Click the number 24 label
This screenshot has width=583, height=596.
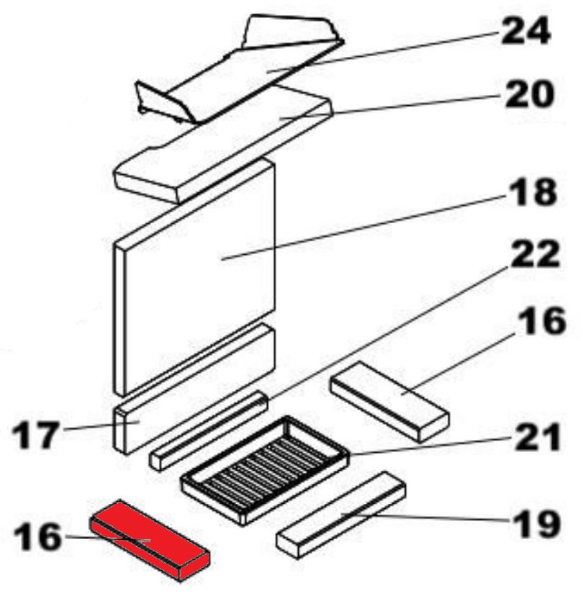[525, 31]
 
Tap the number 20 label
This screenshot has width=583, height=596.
[529, 94]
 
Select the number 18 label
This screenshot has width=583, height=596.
[533, 192]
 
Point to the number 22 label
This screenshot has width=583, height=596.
[535, 253]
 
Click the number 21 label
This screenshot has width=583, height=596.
[538, 437]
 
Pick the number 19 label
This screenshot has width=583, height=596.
[536, 524]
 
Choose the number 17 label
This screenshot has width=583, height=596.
[37, 435]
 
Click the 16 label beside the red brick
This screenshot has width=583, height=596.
[37, 536]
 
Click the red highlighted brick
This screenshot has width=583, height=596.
[150, 540]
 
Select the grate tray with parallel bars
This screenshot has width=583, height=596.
[265, 470]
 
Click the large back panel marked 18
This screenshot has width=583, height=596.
[194, 277]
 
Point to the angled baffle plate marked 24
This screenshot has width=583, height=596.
[240, 69]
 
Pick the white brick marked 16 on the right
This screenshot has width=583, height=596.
[389, 402]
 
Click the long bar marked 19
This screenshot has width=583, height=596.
[341, 515]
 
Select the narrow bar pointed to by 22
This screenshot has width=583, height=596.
[209, 430]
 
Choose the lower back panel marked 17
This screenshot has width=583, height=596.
[194, 389]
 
